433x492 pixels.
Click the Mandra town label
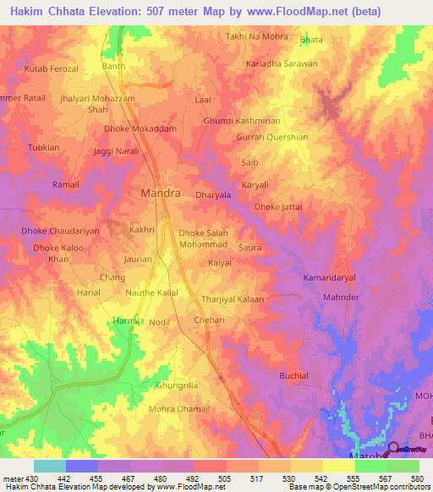tap(159, 193)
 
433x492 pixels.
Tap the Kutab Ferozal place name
tap(52, 68)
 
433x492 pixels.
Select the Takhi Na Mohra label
tap(256, 37)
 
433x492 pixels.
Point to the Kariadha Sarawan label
tap(282, 63)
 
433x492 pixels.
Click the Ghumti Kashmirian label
tap(242, 121)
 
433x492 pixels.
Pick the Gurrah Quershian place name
tap(271, 137)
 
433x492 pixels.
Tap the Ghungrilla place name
tap(177, 385)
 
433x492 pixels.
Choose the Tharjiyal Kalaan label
tap(233, 299)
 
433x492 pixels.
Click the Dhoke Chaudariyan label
tap(61, 230)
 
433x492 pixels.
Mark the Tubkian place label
tap(44, 147)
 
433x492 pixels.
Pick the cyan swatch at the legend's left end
tap(49, 466)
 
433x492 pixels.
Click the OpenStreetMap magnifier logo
tap(392, 449)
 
